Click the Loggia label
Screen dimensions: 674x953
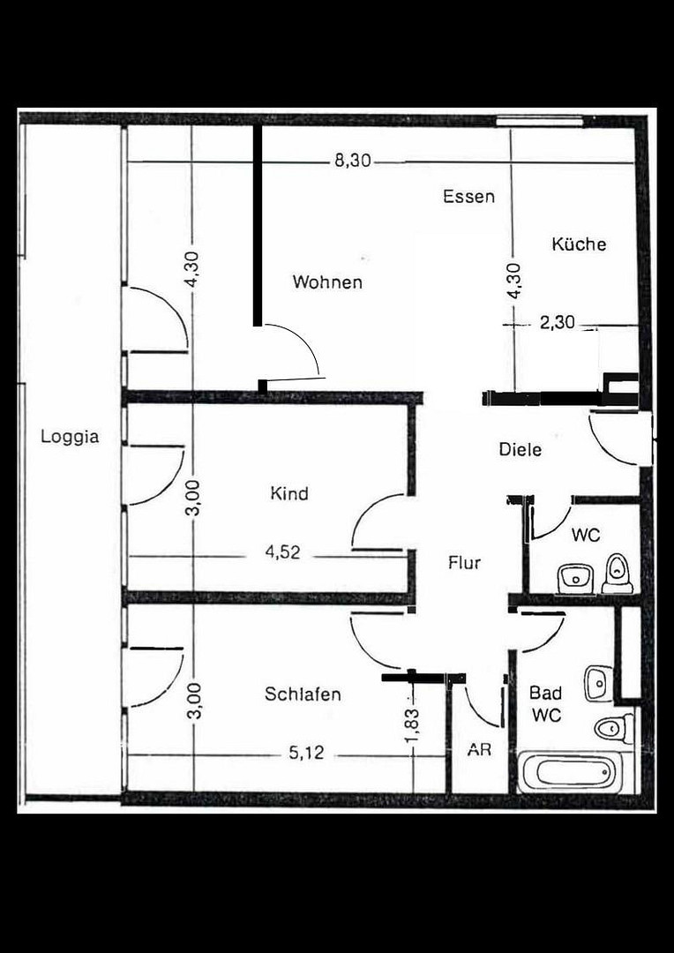(70, 437)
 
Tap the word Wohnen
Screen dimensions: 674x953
(327, 282)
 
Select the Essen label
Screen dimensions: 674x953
(468, 196)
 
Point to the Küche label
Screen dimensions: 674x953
(580, 244)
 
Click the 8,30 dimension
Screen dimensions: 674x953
(353, 161)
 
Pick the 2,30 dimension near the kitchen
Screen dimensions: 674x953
(557, 323)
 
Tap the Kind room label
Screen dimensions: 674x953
(289, 493)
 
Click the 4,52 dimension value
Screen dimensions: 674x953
(282, 552)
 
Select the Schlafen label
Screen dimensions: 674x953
(303, 694)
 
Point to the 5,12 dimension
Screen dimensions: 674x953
(306, 754)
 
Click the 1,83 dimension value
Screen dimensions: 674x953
(413, 725)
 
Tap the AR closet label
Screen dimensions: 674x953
(479, 750)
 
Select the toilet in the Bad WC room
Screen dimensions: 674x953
(614, 727)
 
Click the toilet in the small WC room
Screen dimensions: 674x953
(618, 574)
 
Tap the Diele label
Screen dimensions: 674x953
(520, 450)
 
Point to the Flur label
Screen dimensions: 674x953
(464, 563)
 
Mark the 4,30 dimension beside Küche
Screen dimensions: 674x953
(514, 281)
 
